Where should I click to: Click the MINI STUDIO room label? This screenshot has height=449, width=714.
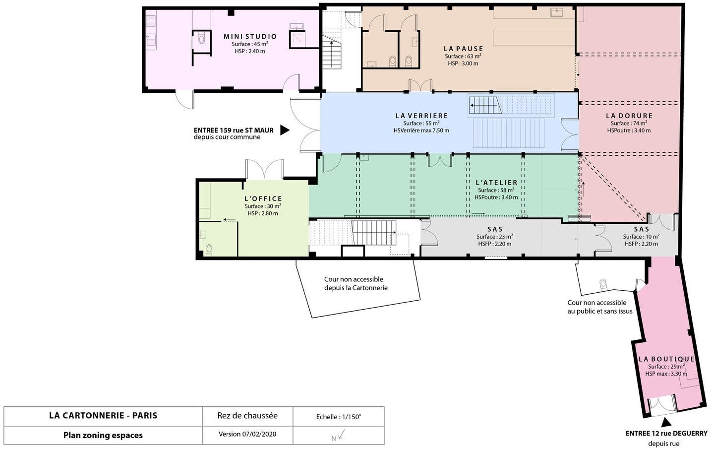250,37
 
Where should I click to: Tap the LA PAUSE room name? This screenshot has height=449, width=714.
464,49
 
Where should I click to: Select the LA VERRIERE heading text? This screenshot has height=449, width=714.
421,116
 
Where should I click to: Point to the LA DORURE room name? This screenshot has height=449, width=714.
629,116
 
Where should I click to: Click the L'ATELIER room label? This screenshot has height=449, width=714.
497,183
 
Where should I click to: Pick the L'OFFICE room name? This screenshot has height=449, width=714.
263,199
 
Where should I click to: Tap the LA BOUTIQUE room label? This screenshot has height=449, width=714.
666,359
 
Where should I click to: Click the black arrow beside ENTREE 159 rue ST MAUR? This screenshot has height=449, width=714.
285,130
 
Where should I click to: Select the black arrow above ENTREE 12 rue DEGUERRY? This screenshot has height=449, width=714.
665,423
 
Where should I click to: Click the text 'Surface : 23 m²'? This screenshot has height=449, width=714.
495,237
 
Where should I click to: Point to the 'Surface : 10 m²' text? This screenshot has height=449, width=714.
641,237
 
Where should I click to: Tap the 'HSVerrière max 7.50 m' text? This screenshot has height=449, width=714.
421,130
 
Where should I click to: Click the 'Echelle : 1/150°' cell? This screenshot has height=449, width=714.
339,417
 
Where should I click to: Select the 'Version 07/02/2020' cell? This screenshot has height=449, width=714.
247,434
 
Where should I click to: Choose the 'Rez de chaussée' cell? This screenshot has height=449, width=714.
247,416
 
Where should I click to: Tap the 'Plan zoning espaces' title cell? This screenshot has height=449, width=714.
103,435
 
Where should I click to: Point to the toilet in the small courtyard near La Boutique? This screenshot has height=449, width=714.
603,284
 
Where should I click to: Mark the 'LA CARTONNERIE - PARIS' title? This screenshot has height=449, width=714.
103,416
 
